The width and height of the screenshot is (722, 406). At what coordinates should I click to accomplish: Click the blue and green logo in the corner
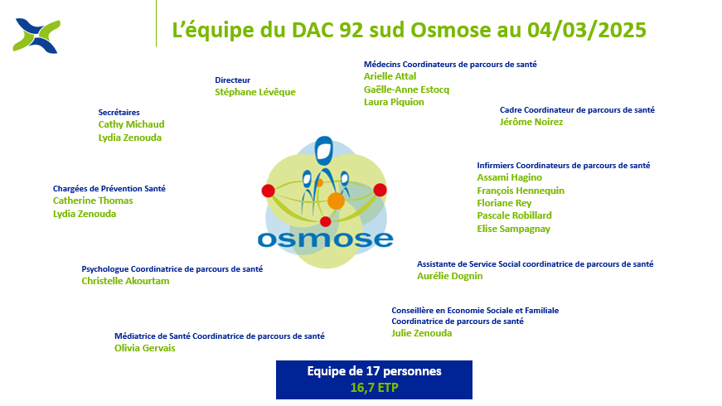point(36,36)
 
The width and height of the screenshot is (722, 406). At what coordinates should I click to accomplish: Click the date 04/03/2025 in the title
point(587,30)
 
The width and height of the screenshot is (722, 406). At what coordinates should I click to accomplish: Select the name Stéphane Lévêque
point(255,92)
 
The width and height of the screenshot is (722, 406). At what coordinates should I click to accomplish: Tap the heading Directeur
point(233,80)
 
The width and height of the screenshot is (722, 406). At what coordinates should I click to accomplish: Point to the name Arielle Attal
point(390,76)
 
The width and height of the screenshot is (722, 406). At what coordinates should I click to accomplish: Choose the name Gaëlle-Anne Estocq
point(406,89)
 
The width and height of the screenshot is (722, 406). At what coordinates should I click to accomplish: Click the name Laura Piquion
point(394,102)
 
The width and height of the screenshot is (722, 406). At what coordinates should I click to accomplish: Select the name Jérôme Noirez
point(531,122)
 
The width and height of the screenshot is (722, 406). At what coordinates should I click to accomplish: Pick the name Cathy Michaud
point(131,124)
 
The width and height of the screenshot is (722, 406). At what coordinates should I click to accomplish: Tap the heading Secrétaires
point(119,113)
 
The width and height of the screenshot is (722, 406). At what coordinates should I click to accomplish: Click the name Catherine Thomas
point(93,201)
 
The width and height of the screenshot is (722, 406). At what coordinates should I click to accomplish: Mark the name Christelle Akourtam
point(125,281)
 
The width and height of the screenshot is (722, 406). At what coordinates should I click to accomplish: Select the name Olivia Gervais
point(144,348)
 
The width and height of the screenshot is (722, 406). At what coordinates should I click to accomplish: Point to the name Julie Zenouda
point(422,333)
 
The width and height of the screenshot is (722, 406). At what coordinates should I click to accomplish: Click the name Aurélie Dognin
point(450,276)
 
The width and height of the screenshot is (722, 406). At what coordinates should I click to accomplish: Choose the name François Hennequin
point(521,191)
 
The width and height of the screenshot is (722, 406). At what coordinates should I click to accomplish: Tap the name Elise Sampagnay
point(513,229)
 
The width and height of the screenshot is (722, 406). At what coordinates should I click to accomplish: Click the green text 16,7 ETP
point(375,388)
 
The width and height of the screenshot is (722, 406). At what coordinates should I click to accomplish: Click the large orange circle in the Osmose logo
point(337,201)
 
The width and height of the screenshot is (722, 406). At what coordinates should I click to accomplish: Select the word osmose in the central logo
point(325,239)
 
